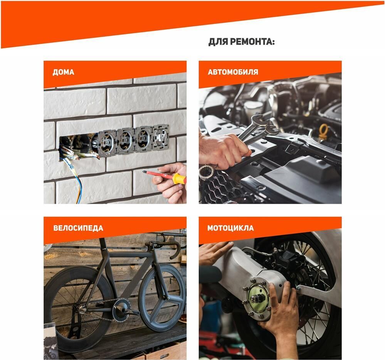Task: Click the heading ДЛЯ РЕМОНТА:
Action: click(x=241, y=42)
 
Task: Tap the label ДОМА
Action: click(x=63, y=72)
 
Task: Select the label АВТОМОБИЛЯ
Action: click(x=233, y=72)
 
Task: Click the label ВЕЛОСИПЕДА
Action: click(x=78, y=228)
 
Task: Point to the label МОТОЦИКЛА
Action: click(x=230, y=228)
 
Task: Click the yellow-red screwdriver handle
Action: click(x=179, y=179)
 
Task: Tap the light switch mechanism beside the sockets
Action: click(x=160, y=137)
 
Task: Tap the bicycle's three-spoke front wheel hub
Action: click(x=168, y=298)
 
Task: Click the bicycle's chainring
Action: click(x=122, y=309)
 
